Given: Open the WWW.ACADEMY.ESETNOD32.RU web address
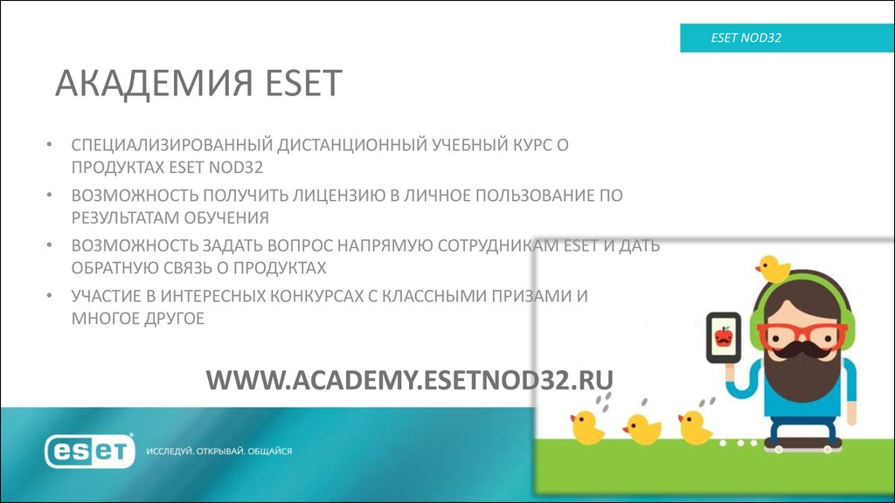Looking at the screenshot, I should pyautogui.click(x=409, y=380).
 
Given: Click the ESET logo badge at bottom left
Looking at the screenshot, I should pyautogui.click(x=90, y=451).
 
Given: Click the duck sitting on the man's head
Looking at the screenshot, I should pyautogui.click(x=774, y=267).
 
